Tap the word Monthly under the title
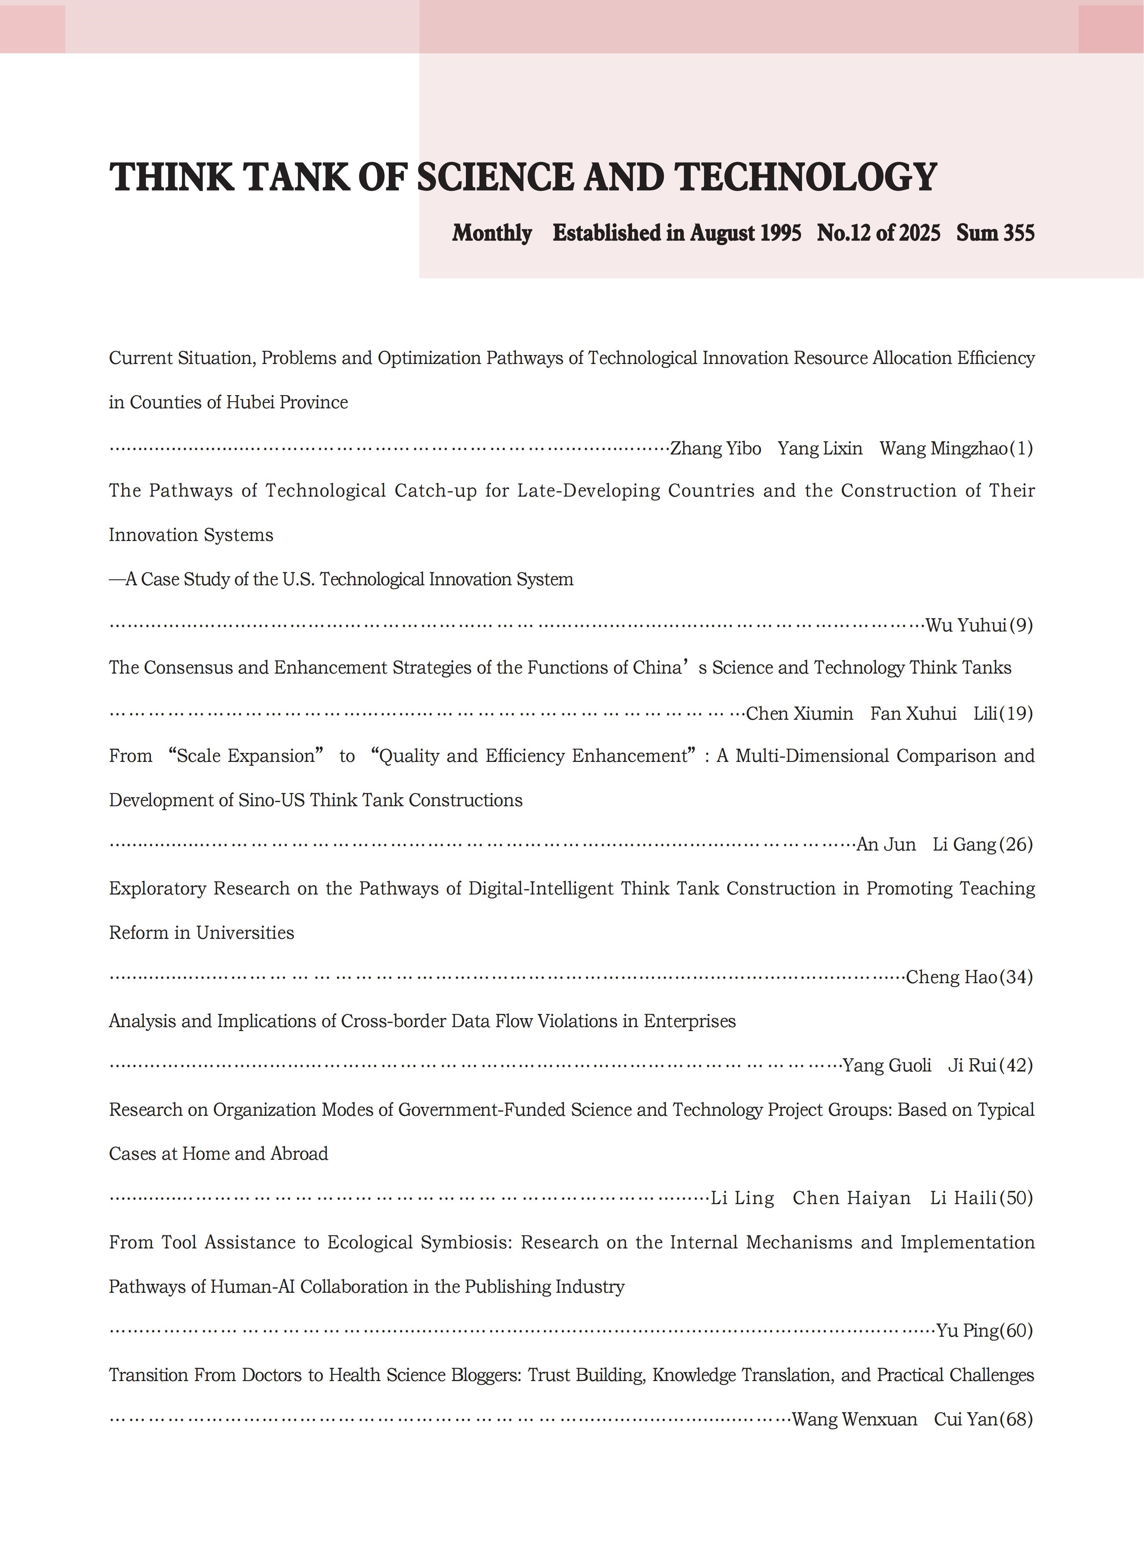492,234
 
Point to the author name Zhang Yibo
715,449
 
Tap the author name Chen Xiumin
799,714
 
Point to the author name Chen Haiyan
851,1198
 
